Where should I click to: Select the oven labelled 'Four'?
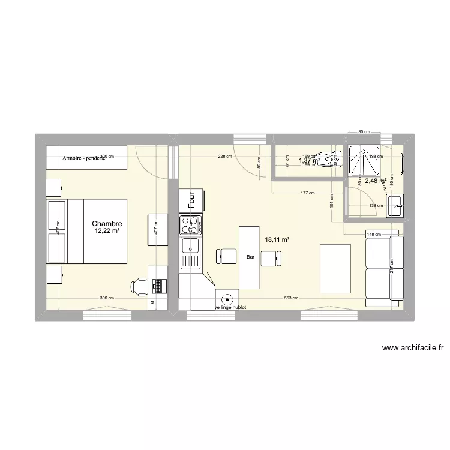(191, 200)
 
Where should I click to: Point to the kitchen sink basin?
(191, 245)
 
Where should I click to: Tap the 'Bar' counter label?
(250, 257)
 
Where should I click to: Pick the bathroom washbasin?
(395, 206)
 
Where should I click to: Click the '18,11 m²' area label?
(277, 239)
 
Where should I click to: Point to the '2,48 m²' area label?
(376, 181)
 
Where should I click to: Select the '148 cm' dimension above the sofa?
(373, 235)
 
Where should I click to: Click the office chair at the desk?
(139, 286)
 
